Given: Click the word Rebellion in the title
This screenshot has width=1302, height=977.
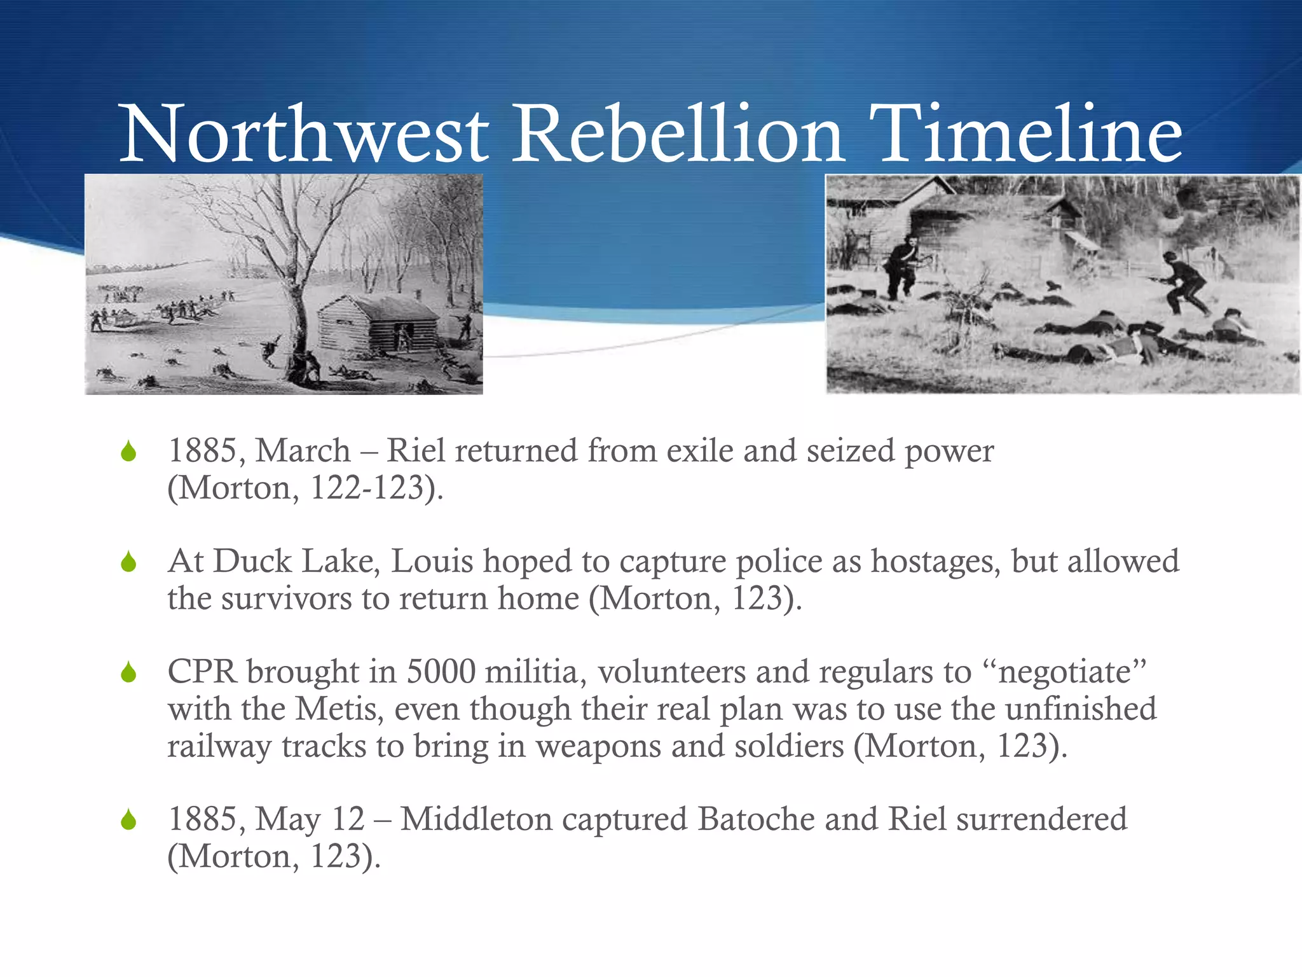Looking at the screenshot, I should coord(678,135).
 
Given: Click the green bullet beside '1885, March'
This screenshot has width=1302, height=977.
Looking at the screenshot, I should coord(129,452).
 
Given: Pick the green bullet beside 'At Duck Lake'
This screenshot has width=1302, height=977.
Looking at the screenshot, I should coord(129,562).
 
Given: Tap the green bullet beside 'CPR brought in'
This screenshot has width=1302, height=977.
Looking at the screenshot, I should coord(129,672).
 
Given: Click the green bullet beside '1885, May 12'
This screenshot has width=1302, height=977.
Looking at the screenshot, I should coord(129,820).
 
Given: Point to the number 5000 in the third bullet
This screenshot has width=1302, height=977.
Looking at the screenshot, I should coord(441,672).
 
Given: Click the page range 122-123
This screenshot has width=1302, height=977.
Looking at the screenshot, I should coord(367,488).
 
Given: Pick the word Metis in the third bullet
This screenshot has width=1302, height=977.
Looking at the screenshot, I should coord(339,709).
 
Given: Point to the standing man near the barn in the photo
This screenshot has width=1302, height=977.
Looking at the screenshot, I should coord(903,267).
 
